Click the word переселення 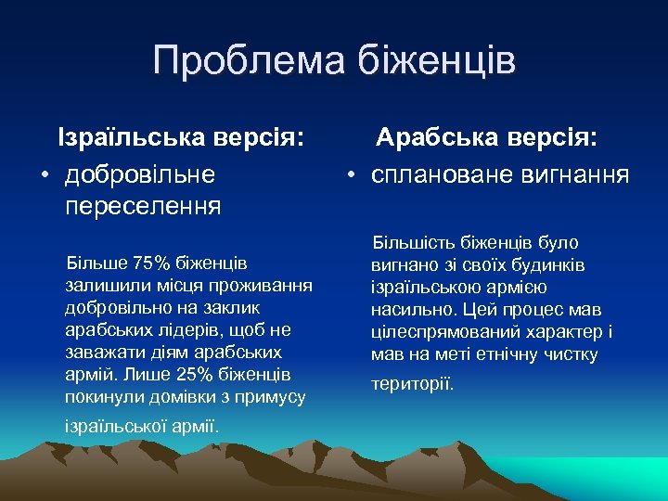click(x=144, y=205)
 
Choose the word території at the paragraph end click(x=413, y=383)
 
